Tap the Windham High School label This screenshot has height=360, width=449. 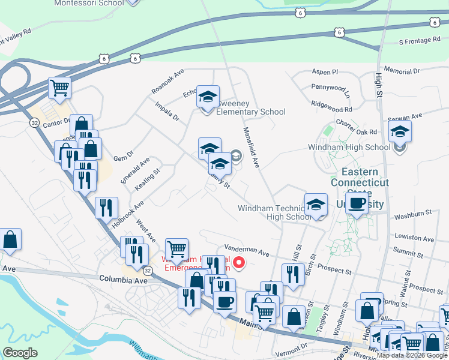coord(349,147)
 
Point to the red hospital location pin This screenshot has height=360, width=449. coord(239,262)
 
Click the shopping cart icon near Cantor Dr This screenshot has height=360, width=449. coord(59,88)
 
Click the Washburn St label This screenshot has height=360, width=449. coord(413,213)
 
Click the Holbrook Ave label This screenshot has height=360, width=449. coord(128,214)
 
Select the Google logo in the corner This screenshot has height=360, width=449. coord(20,352)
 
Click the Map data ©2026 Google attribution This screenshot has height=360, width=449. coord(412,355)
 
